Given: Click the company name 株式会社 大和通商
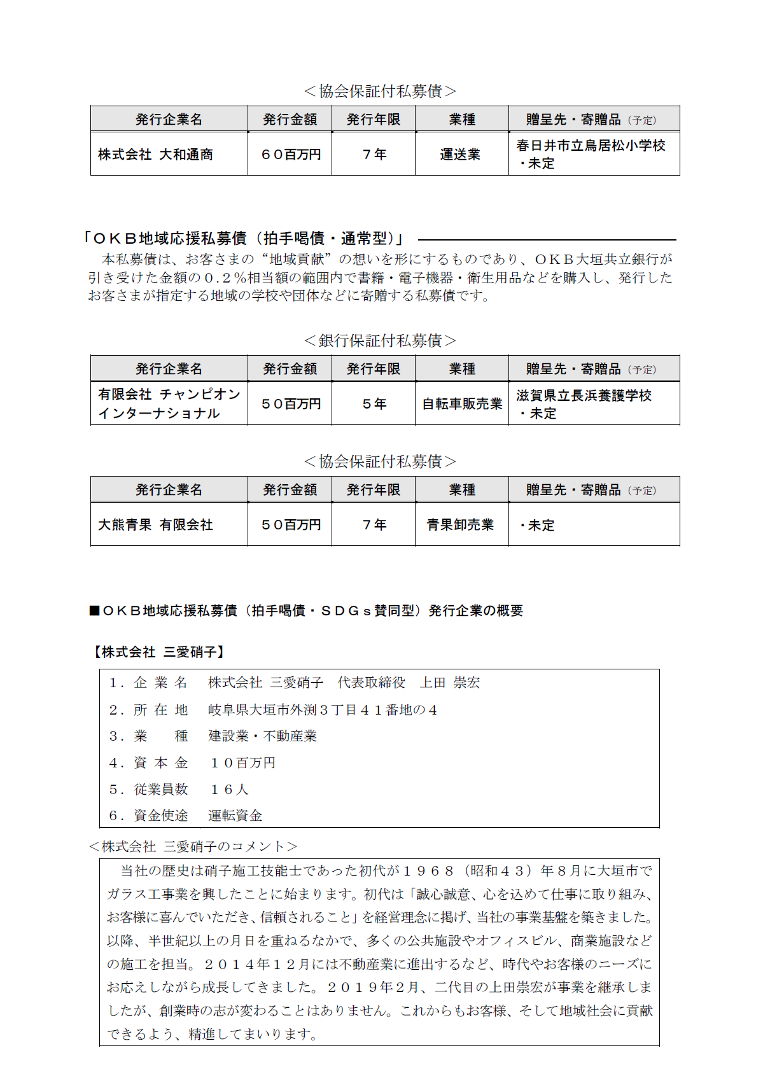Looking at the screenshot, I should click(x=155, y=155).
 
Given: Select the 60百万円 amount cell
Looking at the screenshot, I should click(x=290, y=155).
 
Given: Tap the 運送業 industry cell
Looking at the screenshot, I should click(x=460, y=155).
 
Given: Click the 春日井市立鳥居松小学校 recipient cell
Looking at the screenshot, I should click(x=591, y=146).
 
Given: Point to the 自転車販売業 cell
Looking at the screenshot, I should click(x=462, y=404).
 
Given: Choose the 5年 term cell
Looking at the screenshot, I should click(x=374, y=404).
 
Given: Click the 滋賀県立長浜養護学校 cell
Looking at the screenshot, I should click(x=584, y=396).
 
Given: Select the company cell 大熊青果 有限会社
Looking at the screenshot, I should click(x=155, y=525).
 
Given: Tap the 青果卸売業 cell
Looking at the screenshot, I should click(x=460, y=525).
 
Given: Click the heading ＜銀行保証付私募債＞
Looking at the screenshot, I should click(x=380, y=341).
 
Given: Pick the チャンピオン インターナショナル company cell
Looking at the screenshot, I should click(x=169, y=404).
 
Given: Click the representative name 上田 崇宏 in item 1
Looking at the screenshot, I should click(x=450, y=683).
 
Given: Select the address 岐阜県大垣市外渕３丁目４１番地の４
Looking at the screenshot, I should click(x=323, y=710).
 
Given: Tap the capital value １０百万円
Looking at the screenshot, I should click(x=242, y=763).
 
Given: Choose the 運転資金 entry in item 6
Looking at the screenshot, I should click(x=235, y=816).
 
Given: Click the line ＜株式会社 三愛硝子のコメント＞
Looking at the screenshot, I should click(x=193, y=847).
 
